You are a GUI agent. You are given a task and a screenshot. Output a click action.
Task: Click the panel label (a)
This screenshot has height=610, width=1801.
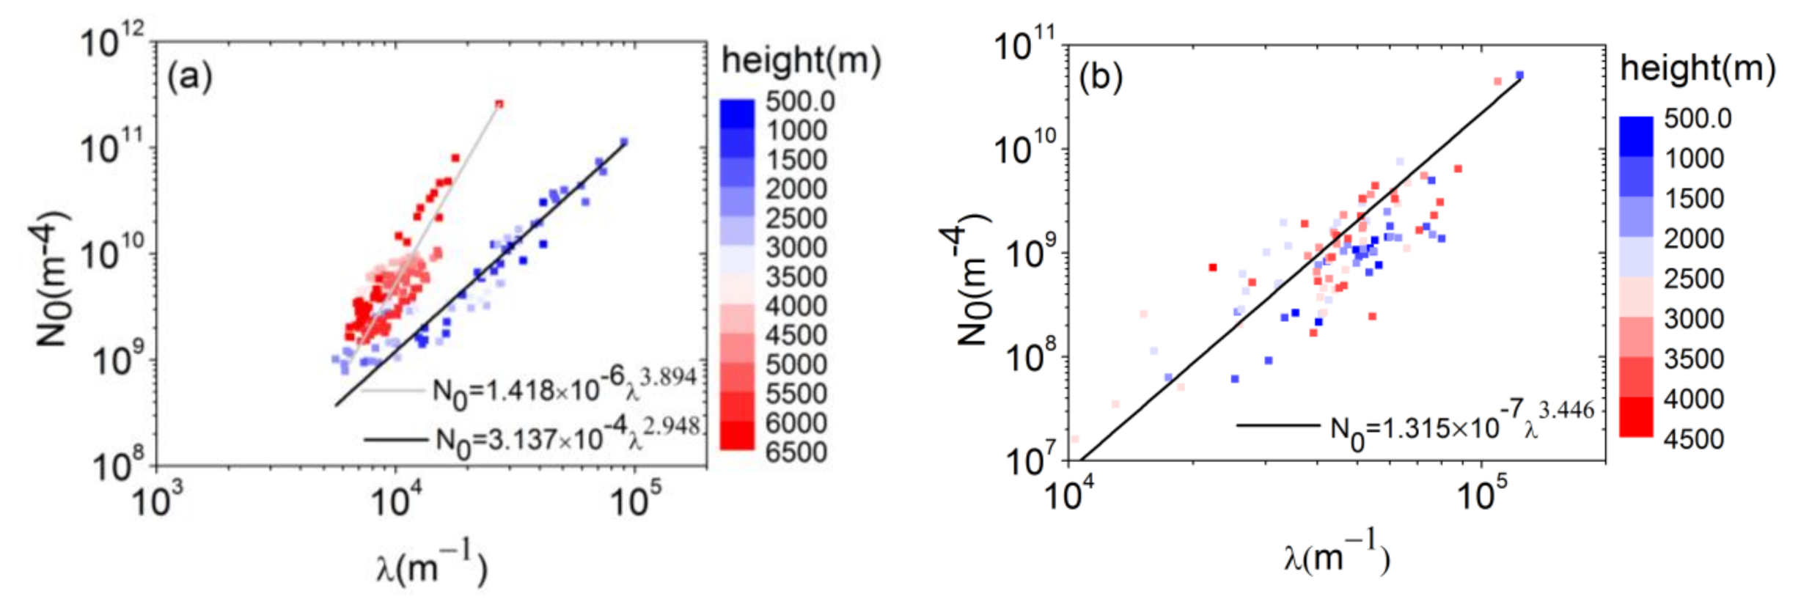click(x=190, y=76)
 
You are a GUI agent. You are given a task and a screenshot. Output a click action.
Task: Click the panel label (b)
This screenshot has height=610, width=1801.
click(x=1100, y=78)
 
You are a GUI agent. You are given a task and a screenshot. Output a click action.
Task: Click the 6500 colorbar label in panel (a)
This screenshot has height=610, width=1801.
click(x=796, y=452)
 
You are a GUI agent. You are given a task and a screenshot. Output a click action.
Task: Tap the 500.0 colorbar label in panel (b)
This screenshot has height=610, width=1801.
click(x=1697, y=118)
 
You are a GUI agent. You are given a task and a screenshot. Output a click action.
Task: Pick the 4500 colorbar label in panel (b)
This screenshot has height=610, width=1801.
click(x=1693, y=438)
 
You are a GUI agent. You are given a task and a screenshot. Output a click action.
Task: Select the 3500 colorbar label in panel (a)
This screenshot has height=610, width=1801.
click(x=796, y=276)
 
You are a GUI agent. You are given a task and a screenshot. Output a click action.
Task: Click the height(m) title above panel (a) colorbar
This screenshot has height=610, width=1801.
click(x=801, y=60)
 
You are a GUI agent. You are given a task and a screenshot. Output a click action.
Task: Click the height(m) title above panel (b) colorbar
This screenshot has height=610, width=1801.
click(x=1697, y=69)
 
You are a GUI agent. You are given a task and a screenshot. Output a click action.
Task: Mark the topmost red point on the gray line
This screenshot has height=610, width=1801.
click(x=499, y=104)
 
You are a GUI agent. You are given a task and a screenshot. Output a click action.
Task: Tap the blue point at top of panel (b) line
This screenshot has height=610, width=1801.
click(x=1519, y=75)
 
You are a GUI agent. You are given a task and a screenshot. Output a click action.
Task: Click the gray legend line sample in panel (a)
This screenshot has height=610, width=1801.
click(x=392, y=392)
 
